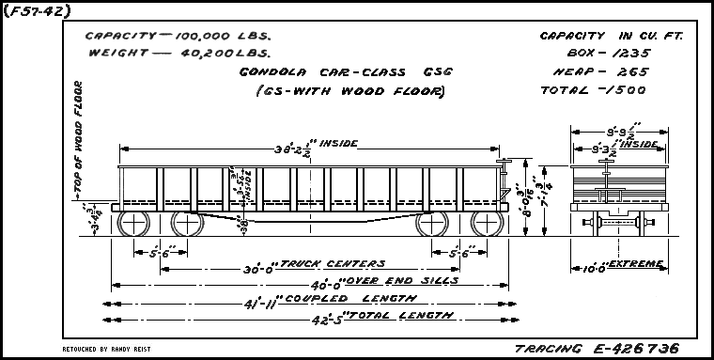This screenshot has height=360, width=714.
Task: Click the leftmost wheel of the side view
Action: (x=133, y=224)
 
